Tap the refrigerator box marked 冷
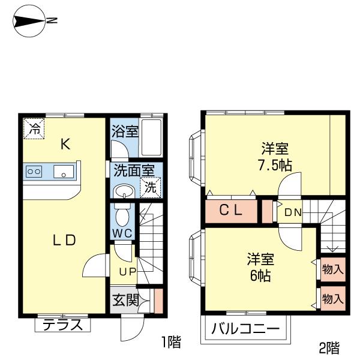tap(34, 128)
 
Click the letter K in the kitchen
tap(65, 145)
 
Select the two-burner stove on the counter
tap(34, 171)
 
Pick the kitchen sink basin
tap(64, 171)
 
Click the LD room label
tap(64, 240)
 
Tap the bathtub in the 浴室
tap(151, 138)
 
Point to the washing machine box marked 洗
tap(151, 188)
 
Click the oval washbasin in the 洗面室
tap(124, 191)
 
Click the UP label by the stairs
tap(128, 272)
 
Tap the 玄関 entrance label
tap(126, 300)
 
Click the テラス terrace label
tap(62, 325)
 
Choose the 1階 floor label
tap(171, 341)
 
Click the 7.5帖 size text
tap(275, 165)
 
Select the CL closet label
tap(231, 211)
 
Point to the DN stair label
tap(293, 213)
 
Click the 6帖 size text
tap(260, 275)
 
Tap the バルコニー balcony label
tap(245, 329)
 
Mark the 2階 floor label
tap(329, 348)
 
